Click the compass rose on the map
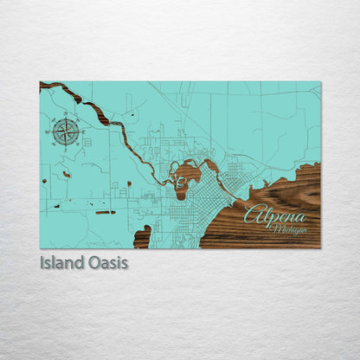(66, 132)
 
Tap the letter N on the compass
(66, 119)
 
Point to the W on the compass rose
(53, 132)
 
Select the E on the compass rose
(79, 132)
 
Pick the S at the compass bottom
(66, 145)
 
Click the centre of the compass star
(66, 132)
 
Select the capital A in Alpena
(252, 215)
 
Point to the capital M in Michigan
(275, 229)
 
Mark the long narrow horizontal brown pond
(105, 212)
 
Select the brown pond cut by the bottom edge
(142, 236)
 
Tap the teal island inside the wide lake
(180, 181)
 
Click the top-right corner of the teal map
(319, 82)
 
